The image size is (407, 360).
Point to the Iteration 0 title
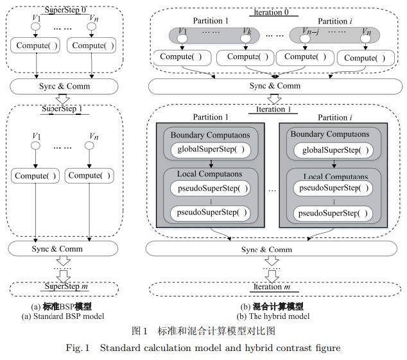(274, 12)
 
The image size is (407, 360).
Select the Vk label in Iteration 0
(247, 31)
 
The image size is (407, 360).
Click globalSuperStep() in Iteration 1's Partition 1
(208, 150)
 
